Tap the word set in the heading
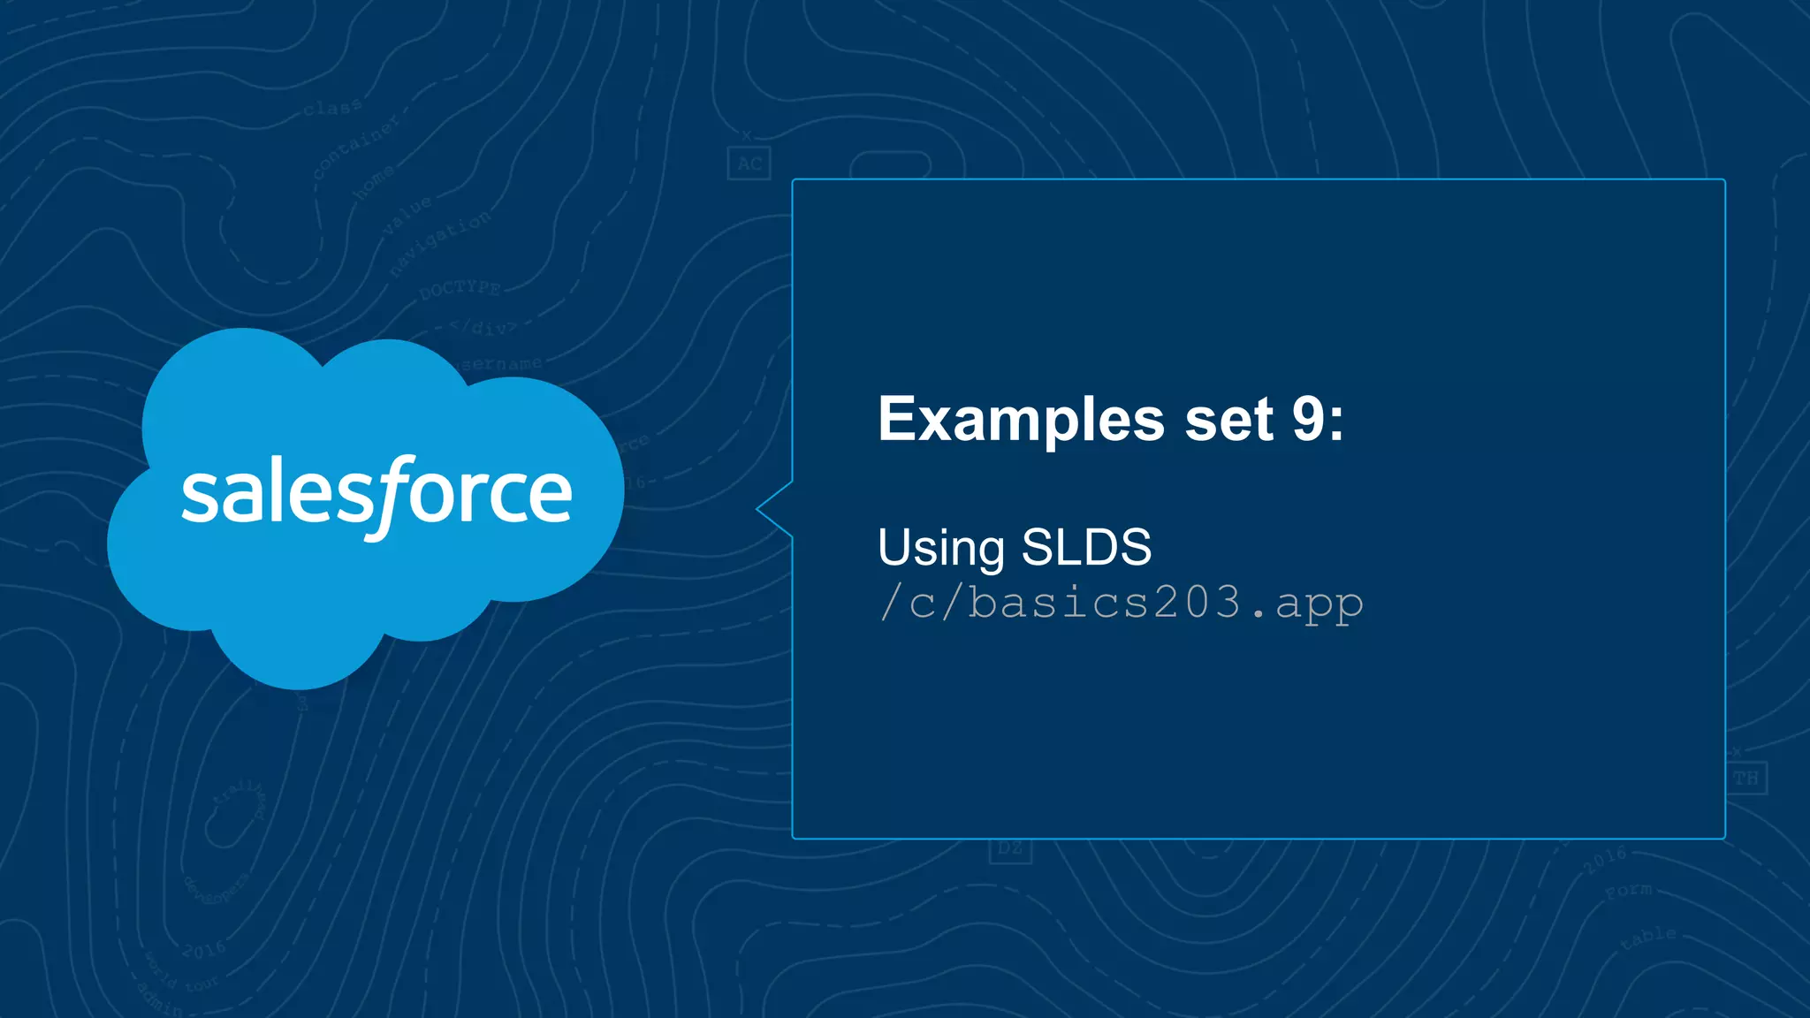pyautogui.click(x=1228, y=420)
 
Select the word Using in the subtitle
pyautogui.click(x=940, y=548)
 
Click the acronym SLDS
pyautogui.click(x=1086, y=548)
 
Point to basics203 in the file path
pyautogui.click(x=1105, y=603)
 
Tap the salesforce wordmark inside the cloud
pyautogui.click(x=376, y=493)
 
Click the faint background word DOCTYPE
pyautogui.click(x=460, y=289)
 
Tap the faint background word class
pyautogui.click(x=332, y=108)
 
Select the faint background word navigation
pyautogui.click(x=439, y=243)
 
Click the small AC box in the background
pyautogui.click(x=749, y=163)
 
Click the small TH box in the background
pyautogui.click(x=1745, y=779)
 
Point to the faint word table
pyautogui.click(x=1648, y=938)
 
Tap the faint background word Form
pyautogui.click(x=1628, y=891)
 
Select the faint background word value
pyautogui.click(x=407, y=215)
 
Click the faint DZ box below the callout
pyautogui.click(x=1009, y=849)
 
